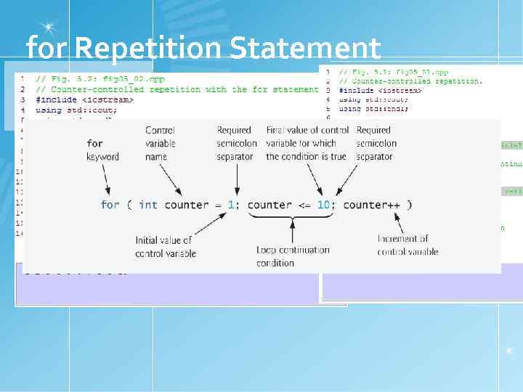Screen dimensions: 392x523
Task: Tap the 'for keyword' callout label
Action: tap(102, 150)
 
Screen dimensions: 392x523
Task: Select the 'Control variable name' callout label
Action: tap(160, 143)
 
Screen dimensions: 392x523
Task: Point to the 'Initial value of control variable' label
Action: tap(163, 246)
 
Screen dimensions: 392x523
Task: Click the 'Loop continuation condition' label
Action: tap(292, 256)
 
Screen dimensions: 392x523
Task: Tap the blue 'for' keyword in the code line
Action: tap(110, 205)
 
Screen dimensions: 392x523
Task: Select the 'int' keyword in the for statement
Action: tap(147, 205)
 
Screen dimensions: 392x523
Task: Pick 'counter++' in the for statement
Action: tap(371, 205)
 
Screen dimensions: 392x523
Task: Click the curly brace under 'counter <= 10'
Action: tap(292, 217)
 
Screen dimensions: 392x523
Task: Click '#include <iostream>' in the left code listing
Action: tap(84, 99)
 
